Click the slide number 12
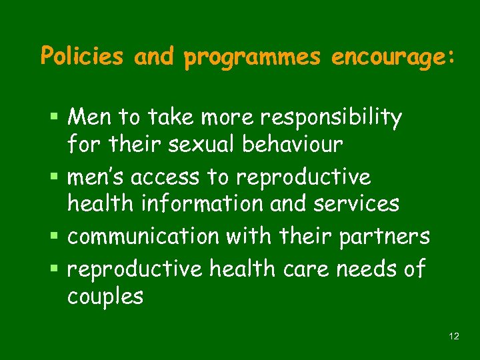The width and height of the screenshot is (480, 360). coord(454,336)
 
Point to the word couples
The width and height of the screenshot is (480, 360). coord(105,296)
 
